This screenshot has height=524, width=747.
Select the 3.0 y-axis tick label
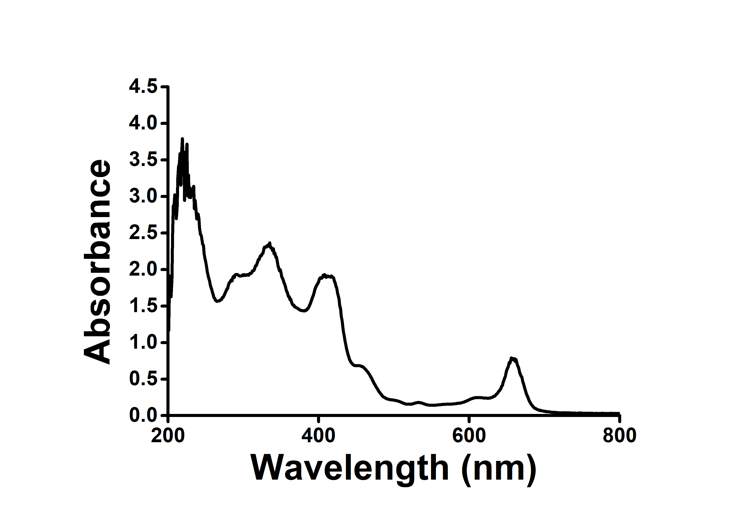click(x=143, y=196)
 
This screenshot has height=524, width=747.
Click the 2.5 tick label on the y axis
click(x=143, y=233)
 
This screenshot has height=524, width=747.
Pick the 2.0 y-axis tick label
click(x=143, y=270)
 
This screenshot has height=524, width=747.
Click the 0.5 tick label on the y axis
click(x=143, y=379)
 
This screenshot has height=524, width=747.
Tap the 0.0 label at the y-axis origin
click(x=143, y=416)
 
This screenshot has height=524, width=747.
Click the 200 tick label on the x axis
click(x=168, y=436)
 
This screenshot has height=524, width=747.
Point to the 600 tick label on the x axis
click(x=469, y=436)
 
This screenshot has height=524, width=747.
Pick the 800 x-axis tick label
click(x=619, y=436)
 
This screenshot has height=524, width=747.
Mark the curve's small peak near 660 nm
click(x=512, y=358)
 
